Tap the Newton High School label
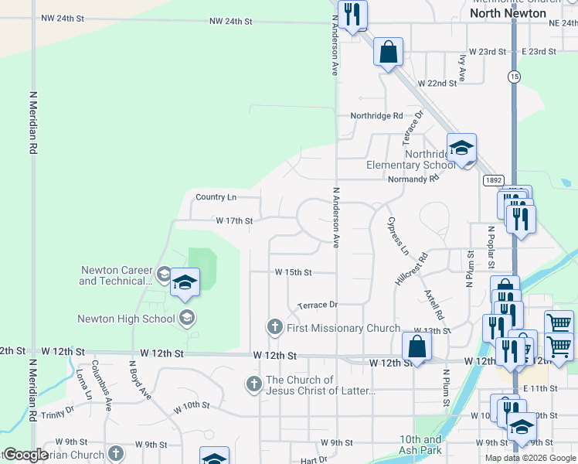[x=126, y=319]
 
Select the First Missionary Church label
[x=343, y=329]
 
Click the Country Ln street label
[x=216, y=198]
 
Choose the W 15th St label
[x=294, y=272]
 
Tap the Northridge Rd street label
[x=376, y=116]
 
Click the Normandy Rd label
[x=413, y=178]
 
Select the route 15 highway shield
[x=514, y=76]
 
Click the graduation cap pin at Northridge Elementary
[x=461, y=148]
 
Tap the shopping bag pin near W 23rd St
[x=388, y=53]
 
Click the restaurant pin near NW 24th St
[x=352, y=15]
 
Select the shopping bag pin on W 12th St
[x=416, y=347]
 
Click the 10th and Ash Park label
[x=420, y=445]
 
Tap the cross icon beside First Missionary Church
[x=274, y=328]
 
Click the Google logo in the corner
[x=25, y=455]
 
